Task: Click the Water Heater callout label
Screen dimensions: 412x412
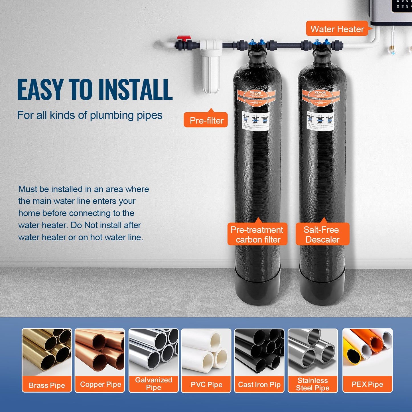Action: (337, 29)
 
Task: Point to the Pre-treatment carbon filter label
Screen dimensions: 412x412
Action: (257, 234)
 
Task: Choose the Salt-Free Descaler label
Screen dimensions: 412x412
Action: (322, 234)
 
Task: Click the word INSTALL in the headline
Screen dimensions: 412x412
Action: (135, 90)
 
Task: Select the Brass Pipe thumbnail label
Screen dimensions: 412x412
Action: (47, 385)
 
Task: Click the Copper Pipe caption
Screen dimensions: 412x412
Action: (100, 384)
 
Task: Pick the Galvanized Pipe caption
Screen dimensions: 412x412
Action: (154, 383)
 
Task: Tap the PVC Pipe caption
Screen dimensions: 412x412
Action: (206, 384)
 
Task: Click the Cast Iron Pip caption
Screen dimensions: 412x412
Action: (259, 384)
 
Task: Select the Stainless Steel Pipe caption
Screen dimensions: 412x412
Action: (312, 384)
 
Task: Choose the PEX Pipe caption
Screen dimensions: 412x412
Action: (367, 384)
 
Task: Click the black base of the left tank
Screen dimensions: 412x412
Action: (257, 288)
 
